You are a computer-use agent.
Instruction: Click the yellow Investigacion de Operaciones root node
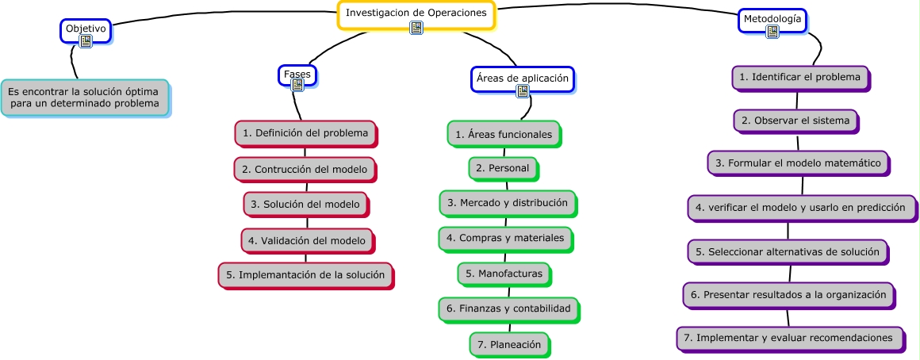[x=416, y=13]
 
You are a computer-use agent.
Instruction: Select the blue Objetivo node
[x=85, y=29]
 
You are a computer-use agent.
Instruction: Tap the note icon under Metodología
[x=772, y=32]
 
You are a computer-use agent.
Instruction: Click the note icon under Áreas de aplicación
[x=522, y=90]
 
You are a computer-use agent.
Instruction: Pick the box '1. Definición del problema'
[x=305, y=133]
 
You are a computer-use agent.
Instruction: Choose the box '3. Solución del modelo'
[x=305, y=204]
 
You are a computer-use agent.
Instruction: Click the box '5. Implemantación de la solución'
[x=305, y=274]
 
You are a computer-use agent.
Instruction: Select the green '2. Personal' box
[x=503, y=169]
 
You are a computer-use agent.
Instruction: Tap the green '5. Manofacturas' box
[x=504, y=274]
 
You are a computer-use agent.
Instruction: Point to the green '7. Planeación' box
[x=509, y=344]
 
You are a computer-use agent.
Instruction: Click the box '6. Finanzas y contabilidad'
[x=508, y=308]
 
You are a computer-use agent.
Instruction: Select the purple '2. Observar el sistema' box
[x=795, y=121]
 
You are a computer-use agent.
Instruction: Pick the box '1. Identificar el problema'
[x=799, y=77]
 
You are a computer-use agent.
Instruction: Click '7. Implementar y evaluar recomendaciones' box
[x=788, y=337]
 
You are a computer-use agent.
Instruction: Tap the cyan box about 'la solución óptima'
[x=84, y=98]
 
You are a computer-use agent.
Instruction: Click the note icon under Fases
[x=298, y=85]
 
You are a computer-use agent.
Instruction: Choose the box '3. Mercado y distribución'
[x=508, y=202]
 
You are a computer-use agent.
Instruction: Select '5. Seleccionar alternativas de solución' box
[x=788, y=251]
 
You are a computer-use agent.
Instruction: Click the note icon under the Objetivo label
[x=86, y=41]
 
